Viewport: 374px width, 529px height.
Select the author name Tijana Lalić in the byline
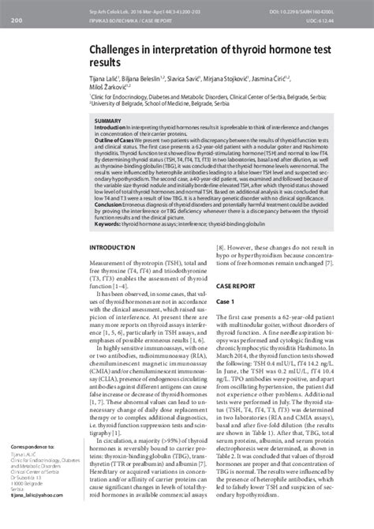109,80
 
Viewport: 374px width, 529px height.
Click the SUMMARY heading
108,121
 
